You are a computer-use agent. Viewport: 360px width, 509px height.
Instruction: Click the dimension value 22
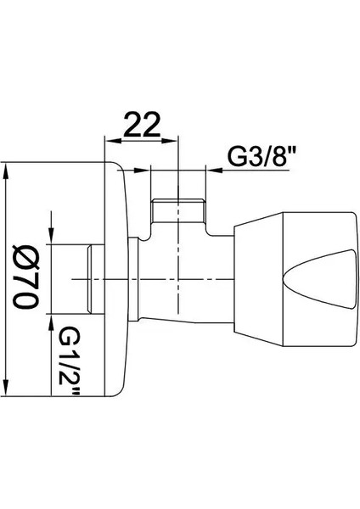[x=143, y=125]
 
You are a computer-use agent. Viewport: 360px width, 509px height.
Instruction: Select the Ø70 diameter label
[x=25, y=277]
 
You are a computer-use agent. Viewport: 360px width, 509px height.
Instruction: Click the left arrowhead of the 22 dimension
[x=112, y=141]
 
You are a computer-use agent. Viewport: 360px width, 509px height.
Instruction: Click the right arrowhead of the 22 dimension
[x=171, y=141]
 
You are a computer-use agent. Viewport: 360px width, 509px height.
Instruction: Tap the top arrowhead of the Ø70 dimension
[x=6, y=171]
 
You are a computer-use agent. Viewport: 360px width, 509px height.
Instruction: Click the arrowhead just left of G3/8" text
[x=215, y=170]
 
